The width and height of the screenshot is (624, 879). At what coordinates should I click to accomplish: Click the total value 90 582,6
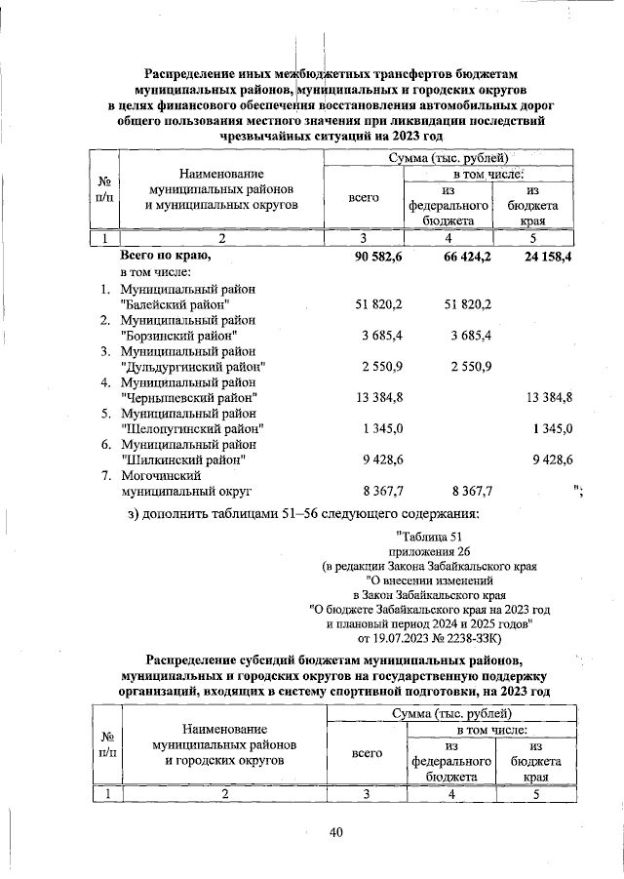pos(373,256)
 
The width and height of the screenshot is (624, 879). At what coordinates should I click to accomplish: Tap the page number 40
pos(336,831)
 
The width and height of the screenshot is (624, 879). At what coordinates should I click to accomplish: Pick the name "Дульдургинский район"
pos(193,366)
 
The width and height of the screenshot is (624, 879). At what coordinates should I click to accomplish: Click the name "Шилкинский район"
pos(182,458)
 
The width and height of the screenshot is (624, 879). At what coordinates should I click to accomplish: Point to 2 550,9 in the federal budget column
pos(467,366)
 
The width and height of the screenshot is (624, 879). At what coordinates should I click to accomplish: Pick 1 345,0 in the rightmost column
pos(553,427)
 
